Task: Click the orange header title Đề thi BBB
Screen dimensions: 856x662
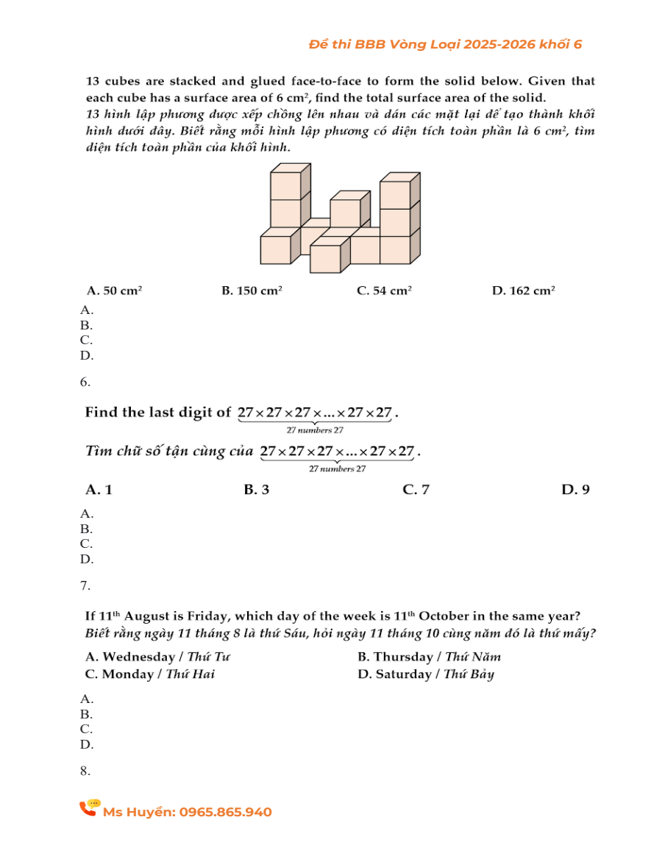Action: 445,45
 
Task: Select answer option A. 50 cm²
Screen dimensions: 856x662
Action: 114,291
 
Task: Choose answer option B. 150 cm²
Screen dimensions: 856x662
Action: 252,291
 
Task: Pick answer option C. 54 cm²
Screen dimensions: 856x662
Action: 384,291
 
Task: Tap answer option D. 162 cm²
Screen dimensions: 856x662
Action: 523,291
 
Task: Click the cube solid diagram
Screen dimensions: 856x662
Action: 340,218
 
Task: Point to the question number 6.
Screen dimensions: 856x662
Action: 85,382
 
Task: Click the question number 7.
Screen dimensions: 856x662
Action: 85,586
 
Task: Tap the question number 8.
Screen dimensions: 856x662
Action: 85,771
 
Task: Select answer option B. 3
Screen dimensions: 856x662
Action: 256,490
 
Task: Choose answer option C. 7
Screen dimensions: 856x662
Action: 416,490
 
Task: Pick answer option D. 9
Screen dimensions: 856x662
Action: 575,490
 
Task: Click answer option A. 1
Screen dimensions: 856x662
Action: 99,490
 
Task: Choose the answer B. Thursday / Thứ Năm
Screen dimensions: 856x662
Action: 429,657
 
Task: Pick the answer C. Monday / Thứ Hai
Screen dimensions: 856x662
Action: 150,674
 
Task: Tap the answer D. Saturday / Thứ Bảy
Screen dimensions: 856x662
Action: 425,674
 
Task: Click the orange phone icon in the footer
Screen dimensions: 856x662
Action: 89,809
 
